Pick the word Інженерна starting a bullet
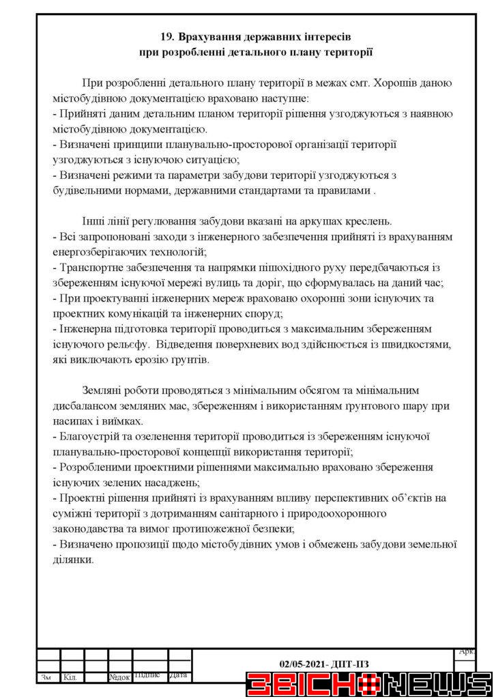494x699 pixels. pyautogui.click(x=85, y=329)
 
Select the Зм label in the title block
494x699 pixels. pyautogui.click(x=46, y=678)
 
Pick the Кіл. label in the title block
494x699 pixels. pyautogui.click(x=69, y=678)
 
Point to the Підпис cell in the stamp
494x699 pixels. pyautogui.click(x=147, y=676)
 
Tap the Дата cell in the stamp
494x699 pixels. pyautogui.click(x=178, y=676)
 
